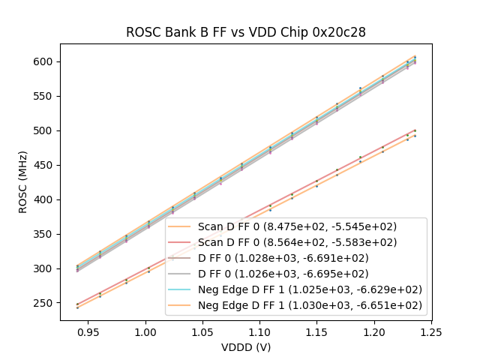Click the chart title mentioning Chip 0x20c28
click(245, 32)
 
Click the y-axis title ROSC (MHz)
click(23, 182)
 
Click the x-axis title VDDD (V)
click(245, 347)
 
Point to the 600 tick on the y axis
click(46, 61)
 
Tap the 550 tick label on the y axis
click(46, 96)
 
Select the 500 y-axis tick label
click(46, 130)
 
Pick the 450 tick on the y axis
click(46, 165)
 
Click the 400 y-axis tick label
click(46, 199)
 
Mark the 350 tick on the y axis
click(46, 234)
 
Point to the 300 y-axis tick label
click(46, 268)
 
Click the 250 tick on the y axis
click(46, 303)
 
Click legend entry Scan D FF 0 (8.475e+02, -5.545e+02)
click(297, 226)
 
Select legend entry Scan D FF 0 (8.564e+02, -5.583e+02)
click(297, 242)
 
